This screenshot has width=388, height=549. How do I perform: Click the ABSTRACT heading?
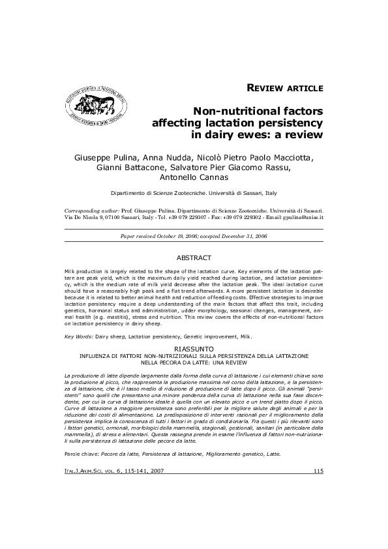194,258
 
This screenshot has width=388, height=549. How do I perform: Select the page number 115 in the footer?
318,471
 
